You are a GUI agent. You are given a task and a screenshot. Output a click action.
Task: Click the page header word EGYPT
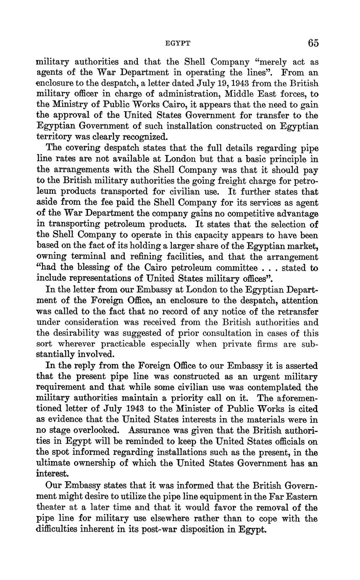coord(178,43)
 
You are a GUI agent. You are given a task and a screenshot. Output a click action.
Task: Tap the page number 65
coord(313,43)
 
